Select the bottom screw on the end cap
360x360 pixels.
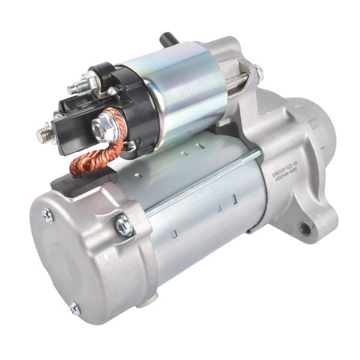(x=74, y=309)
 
